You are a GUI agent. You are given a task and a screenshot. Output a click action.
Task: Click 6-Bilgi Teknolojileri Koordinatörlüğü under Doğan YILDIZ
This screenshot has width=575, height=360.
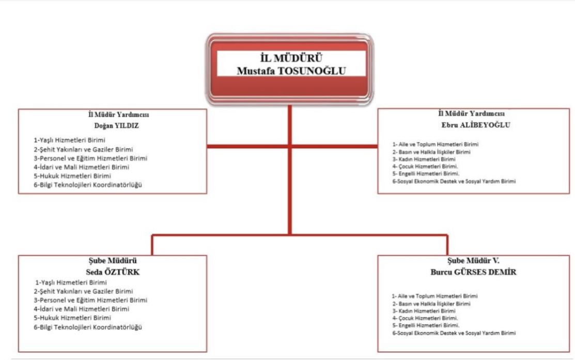88,184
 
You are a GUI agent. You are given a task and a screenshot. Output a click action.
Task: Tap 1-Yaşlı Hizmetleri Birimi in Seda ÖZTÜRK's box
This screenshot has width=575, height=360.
71,283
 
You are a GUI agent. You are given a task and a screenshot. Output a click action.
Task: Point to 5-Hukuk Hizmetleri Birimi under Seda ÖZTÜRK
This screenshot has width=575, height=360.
72,318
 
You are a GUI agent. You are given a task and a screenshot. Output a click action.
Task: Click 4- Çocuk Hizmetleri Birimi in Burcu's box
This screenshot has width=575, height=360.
425,319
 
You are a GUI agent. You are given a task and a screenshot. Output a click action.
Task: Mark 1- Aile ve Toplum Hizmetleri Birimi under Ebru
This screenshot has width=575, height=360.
435,145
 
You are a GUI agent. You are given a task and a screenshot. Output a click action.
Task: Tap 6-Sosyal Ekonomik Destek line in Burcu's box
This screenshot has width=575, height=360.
454,333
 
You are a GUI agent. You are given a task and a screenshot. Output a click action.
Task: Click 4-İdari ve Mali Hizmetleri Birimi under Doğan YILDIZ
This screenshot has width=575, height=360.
81,167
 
